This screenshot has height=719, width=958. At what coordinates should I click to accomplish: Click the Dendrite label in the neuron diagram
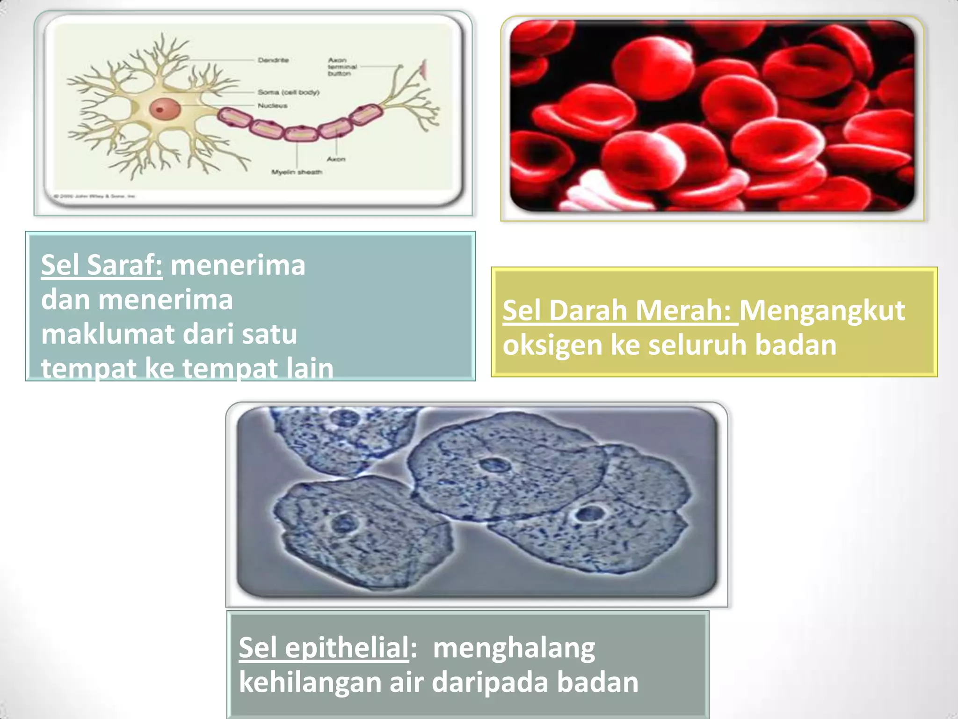tap(273, 60)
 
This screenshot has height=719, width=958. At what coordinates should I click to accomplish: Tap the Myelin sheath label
tap(297, 172)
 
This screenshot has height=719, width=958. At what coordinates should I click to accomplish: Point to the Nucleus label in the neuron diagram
tap(273, 106)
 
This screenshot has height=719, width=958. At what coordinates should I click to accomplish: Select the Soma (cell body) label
tap(289, 92)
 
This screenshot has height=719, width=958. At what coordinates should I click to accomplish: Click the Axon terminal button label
tap(342, 67)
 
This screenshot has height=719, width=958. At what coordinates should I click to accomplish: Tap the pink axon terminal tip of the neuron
tap(424, 69)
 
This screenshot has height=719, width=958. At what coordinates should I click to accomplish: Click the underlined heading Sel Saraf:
tap(102, 265)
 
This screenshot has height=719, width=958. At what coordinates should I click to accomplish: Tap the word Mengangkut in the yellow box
tap(822, 310)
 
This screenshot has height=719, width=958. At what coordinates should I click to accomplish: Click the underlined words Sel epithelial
tap(324, 647)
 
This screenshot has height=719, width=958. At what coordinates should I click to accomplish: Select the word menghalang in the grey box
tap(514, 647)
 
